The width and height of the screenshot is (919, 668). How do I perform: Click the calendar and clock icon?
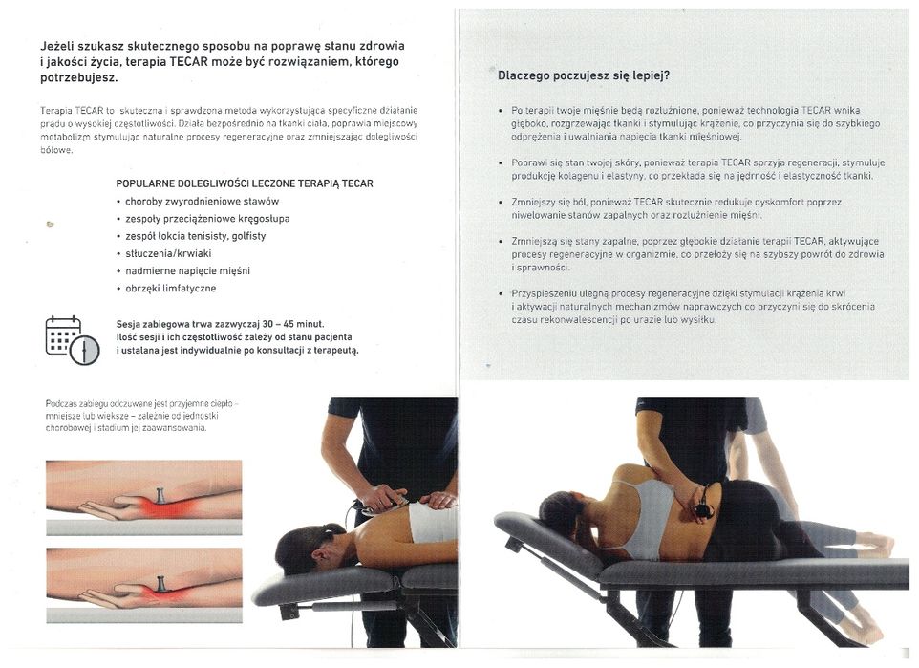(x=72, y=340)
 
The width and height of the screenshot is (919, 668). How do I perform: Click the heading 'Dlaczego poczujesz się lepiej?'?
(x=584, y=75)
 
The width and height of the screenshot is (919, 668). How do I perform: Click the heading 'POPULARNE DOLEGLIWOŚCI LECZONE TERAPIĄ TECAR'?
(x=244, y=183)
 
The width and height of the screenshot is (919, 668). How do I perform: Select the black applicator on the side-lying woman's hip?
(x=703, y=507)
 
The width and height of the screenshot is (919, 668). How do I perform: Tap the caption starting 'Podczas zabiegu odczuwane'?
(x=140, y=416)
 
